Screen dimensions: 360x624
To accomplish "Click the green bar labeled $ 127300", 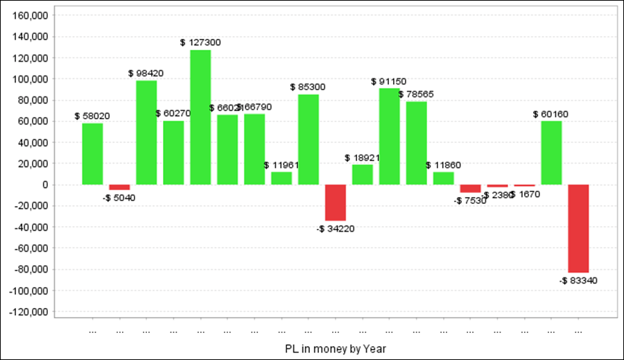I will pyautogui.click(x=200, y=117).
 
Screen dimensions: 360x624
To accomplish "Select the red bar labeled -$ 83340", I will pyautogui.click(x=578, y=228).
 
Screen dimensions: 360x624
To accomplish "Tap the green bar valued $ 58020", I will pyautogui.click(x=92, y=154).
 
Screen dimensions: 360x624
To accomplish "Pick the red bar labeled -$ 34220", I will pyautogui.click(x=336, y=203).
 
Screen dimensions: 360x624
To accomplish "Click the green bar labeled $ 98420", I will pyautogui.click(x=146, y=132).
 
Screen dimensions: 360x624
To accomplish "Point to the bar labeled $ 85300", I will pyautogui.click(x=309, y=139).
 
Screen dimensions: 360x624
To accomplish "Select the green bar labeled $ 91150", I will pyautogui.click(x=390, y=136).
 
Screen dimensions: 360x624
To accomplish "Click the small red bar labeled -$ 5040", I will pyautogui.click(x=119, y=187).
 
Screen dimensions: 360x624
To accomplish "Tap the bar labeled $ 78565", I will pyautogui.click(x=417, y=143).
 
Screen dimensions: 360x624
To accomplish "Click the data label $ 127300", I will pyautogui.click(x=200, y=42).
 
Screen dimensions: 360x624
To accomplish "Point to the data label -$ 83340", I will pyautogui.click(x=578, y=281).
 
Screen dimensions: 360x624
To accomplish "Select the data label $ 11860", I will pyautogui.click(x=444, y=165).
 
